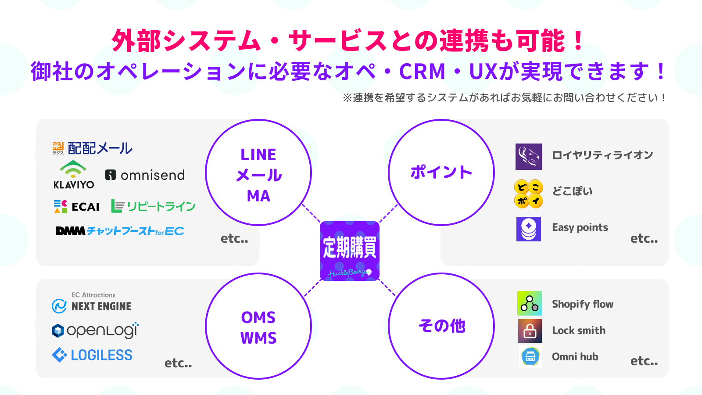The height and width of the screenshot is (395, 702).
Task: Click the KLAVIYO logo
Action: click(73, 175)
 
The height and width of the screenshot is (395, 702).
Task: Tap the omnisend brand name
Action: click(152, 175)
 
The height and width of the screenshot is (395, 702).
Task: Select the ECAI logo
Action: click(77, 206)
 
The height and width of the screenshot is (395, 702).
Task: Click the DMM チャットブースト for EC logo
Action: click(119, 231)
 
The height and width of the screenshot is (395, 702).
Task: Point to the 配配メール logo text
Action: click(100, 148)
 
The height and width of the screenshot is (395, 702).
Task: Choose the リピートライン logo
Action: click(153, 206)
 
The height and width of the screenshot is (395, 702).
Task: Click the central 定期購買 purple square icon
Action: click(350, 251)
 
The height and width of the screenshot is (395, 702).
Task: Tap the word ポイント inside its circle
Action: click(441, 172)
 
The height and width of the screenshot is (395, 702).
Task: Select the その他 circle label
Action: click(441, 326)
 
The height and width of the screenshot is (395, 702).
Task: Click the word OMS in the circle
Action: click(258, 317)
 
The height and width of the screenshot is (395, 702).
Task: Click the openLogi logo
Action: click(95, 330)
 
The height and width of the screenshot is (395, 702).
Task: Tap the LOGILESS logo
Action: click(92, 355)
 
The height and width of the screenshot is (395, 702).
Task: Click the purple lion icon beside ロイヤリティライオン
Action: click(528, 157)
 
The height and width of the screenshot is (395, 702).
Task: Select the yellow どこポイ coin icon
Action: click(528, 194)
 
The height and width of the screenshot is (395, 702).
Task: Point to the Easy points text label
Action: click(580, 227)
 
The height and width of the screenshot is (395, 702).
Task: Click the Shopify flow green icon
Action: click(529, 303)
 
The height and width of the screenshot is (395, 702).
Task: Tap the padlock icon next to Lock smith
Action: click(530, 330)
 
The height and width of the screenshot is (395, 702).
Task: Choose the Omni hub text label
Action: click(575, 357)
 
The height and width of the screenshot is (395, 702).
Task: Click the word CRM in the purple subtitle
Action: click(422, 72)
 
